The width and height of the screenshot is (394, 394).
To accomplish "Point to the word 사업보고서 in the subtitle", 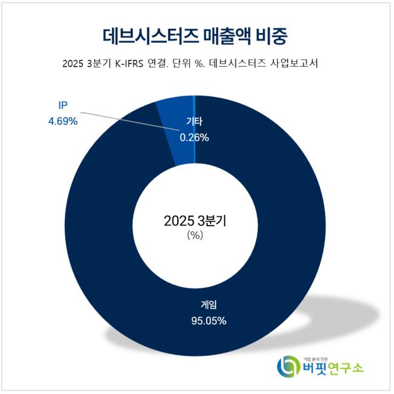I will pyautogui.click(x=301, y=64).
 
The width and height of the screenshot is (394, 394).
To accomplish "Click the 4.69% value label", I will pyautogui.click(x=63, y=121).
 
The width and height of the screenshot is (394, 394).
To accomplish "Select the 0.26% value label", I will pyautogui.click(x=194, y=138).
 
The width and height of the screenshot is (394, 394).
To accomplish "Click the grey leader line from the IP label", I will pyautogui.click(x=121, y=118).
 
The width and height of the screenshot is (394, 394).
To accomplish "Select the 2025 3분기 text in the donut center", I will pyautogui.click(x=194, y=221).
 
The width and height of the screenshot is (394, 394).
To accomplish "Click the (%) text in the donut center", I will pyautogui.click(x=194, y=236).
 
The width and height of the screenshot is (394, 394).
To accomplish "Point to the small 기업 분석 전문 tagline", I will pyautogui.click(x=316, y=357).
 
